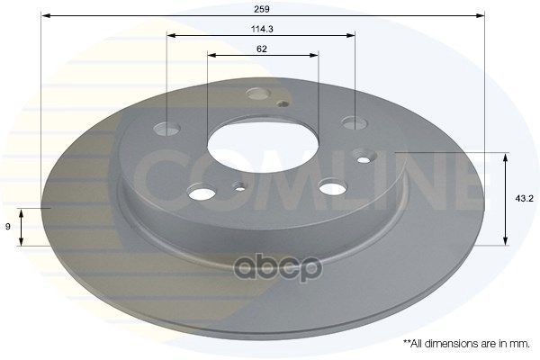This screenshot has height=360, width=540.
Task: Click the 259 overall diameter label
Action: (261, 9)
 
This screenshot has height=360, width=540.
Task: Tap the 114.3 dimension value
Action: (262, 30)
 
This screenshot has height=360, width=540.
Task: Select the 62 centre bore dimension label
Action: (262, 49)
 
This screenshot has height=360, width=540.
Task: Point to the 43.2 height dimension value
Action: (524, 198)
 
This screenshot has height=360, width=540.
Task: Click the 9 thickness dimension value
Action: (8, 226)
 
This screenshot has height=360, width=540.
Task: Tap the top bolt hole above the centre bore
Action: (258, 94)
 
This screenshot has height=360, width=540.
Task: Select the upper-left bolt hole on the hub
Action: (166, 129)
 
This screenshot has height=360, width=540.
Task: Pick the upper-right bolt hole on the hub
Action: (355, 122)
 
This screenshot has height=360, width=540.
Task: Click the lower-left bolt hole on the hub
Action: (202, 193)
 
